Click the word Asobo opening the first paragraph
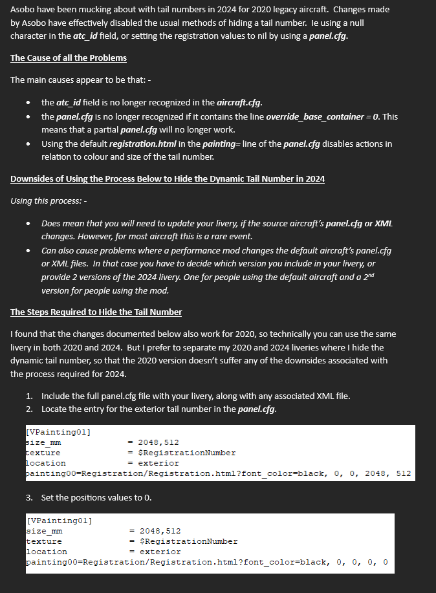[x=25, y=10]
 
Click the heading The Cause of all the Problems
[x=69, y=58]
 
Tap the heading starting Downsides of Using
[x=168, y=178]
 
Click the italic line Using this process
[x=50, y=200]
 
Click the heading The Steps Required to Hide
[x=96, y=312]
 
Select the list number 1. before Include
[x=30, y=395]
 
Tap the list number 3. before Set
[x=30, y=497]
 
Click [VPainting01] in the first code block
[x=57, y=432]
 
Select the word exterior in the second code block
[x=160, y=552]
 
